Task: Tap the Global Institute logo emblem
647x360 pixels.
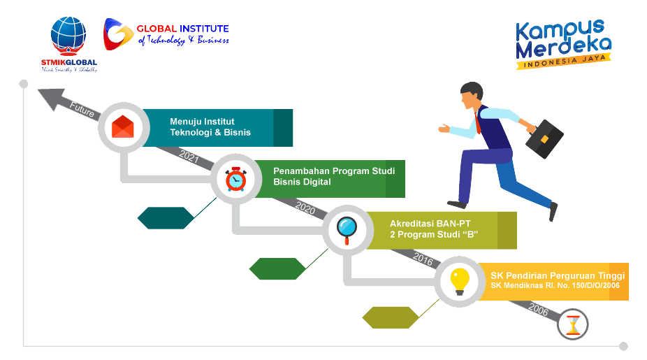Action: pos(116,34)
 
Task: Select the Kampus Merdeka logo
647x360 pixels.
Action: pos(562,44)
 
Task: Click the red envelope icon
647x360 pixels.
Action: pos(123,127)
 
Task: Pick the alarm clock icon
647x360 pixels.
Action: pos(235,179)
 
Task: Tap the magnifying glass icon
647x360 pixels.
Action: pos(347,229)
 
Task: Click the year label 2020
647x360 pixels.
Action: pos(305,207)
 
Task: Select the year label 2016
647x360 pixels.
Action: pos(423,259)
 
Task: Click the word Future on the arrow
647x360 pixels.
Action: pos(82,110)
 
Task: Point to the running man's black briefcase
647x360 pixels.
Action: pos(544,139)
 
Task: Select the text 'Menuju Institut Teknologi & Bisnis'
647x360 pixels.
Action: pos(210,127)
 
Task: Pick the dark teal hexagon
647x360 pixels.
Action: pos(166,218)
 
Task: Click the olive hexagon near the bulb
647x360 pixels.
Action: pos(391,317)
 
